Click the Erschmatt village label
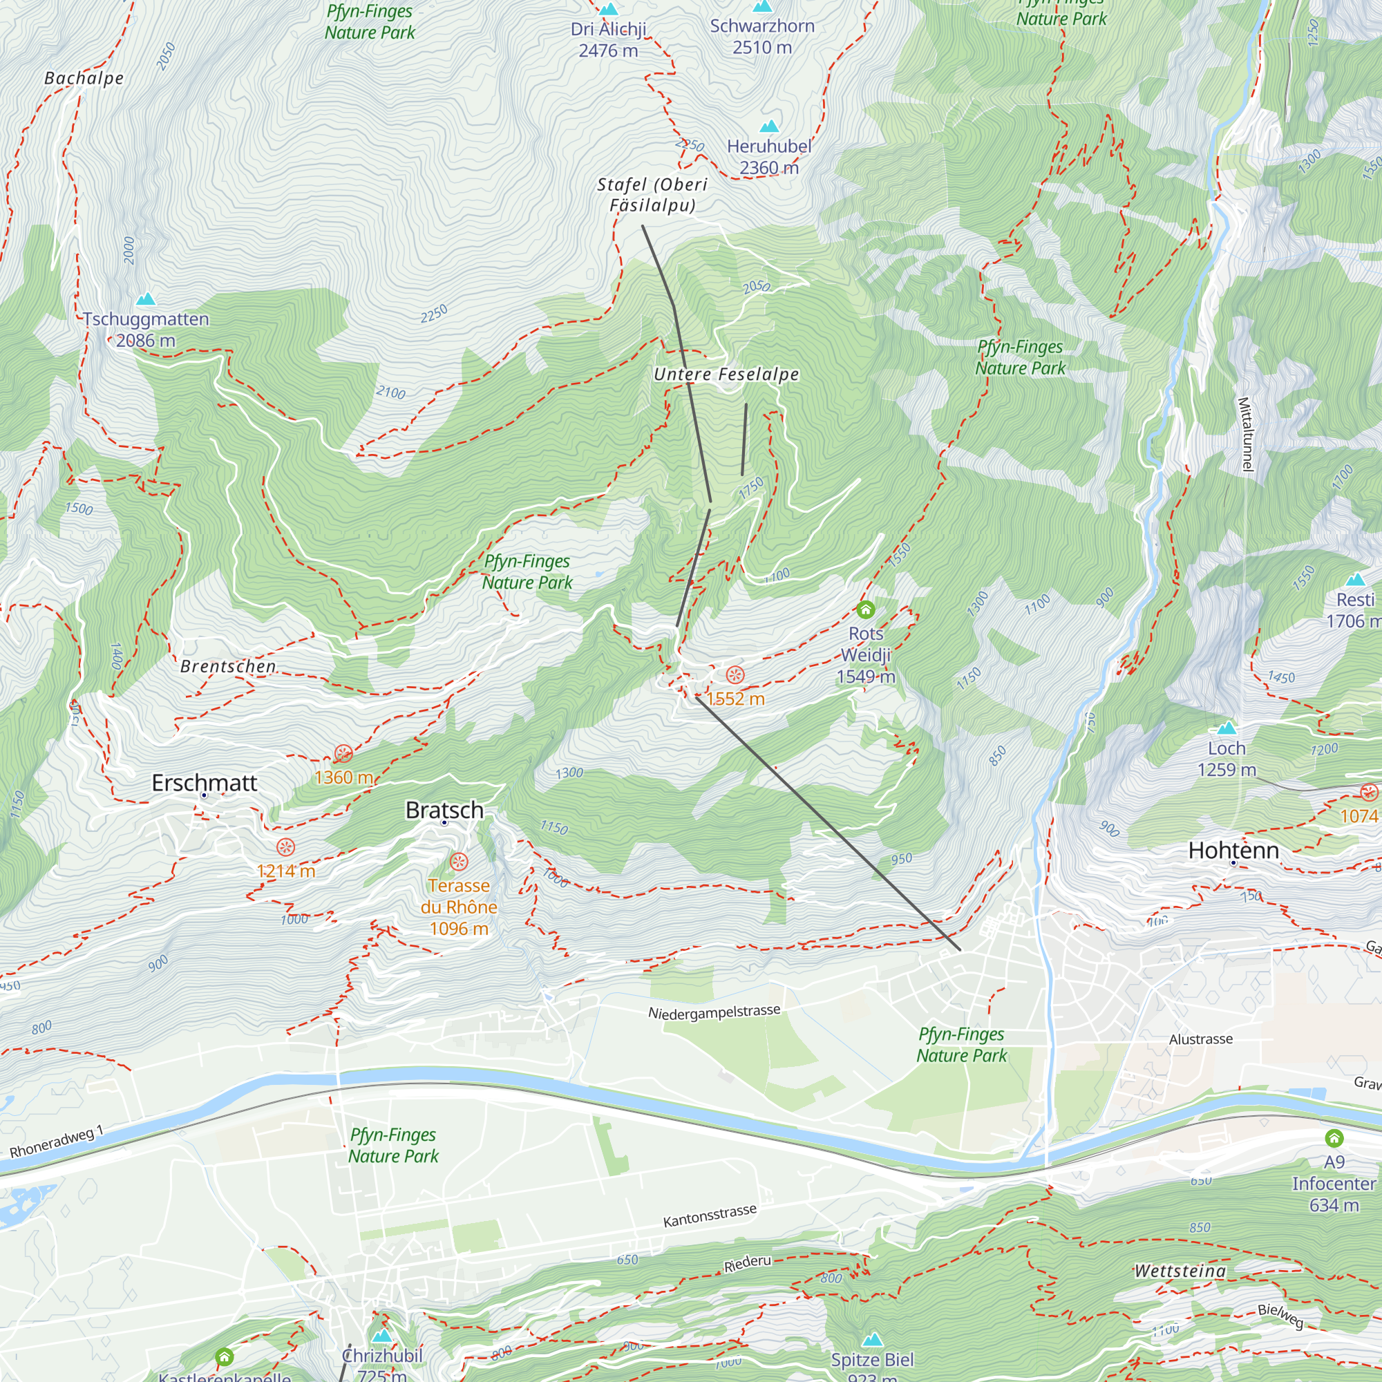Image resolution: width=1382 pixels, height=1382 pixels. pyautogui.click(x=204, y=783)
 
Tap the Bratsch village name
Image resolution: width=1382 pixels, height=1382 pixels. pyautogui.click(x=444, y=810)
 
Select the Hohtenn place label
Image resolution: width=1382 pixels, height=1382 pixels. pyautogui.click(x=1233, y=850)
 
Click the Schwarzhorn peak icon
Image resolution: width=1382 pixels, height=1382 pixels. pyautogui.click(x=763, y=6)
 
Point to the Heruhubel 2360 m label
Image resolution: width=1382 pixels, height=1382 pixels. pyautogui.click(x=769, y=157)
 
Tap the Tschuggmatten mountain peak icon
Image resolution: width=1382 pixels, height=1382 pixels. pyautogui.click(x=146, y=299)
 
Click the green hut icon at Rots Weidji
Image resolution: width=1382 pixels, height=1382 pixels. pyautogui.click(x=866, y=609)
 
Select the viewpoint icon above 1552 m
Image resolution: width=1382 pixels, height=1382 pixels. pyautogui.click(x=735, y=674)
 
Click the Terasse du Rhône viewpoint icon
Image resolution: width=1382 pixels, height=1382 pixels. pyautogui.click(x=459, y=862)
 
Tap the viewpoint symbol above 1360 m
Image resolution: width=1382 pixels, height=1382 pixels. pyautogui.click(x=343, y=753)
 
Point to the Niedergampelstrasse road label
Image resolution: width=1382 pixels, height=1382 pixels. pyautogui.click(x=714, y=1012)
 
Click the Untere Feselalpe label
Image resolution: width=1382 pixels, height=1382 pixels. pyautogui.click(x=726, y=374)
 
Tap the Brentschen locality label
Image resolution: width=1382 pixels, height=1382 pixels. pyautogui.click(x=228, y=666)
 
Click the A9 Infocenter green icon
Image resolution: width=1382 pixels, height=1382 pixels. pyautogui.click(x=1334, y=1138)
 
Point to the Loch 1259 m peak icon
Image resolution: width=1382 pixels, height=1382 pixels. pyautogui.click(x=1227, y=728)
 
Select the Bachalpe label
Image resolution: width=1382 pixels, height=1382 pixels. pyautogui.click(x=84, y=78)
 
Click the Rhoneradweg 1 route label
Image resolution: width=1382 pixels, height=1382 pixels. pyautogui.click(x=57, y=1142)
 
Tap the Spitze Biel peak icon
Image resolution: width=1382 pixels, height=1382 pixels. pyautogui.click(x=871, y=1339)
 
